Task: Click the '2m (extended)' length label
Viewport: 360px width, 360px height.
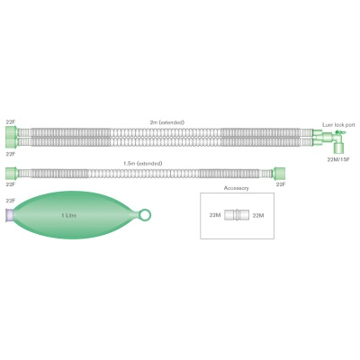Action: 167,122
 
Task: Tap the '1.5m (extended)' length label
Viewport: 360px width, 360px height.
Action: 143,164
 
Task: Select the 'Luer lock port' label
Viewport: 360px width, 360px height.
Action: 338,125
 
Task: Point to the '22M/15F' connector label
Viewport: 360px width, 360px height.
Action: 338,159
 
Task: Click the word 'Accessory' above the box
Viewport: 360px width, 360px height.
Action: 237,188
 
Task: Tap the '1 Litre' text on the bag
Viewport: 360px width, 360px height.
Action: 69,215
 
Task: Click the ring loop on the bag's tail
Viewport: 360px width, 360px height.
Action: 144,215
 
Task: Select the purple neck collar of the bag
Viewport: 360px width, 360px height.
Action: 10,215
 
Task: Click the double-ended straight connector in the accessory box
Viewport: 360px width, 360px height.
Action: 237,215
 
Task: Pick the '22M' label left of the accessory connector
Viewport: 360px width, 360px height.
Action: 215,215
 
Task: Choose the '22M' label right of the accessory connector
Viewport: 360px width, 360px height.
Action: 258,215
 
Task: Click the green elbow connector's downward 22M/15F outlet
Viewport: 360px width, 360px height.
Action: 339,148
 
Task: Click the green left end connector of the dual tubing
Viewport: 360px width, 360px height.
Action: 12,137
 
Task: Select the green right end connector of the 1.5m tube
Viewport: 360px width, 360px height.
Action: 278,173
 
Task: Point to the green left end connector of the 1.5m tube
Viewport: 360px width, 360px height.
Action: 12,173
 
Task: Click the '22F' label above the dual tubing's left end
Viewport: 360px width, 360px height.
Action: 10,122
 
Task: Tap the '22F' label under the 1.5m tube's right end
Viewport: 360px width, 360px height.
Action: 281,184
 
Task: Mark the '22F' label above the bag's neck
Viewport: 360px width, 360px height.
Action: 10,201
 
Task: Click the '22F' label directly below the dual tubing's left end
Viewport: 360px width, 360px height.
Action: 10,154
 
